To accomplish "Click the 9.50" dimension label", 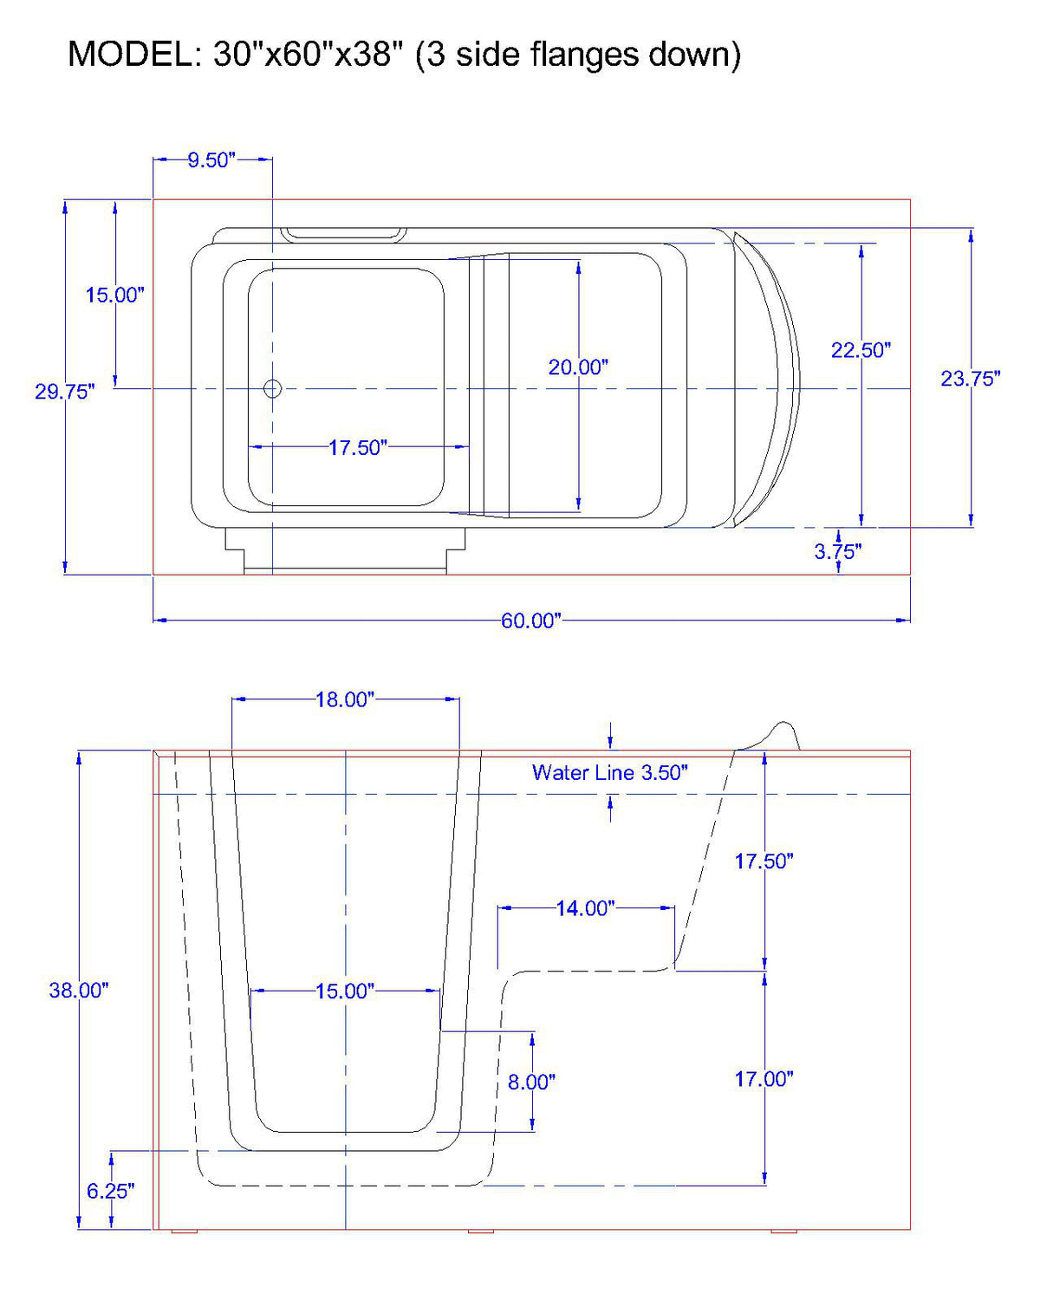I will (x=211, y=160).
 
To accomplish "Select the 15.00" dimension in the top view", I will (x=114, y=295).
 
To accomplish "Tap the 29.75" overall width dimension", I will (x=64, y=392).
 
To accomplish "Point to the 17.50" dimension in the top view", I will (x=357, y=448).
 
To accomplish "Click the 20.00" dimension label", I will (x=578, y=367).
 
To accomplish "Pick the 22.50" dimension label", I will (x=861, y=350).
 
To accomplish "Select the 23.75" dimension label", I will (x=971, y=379).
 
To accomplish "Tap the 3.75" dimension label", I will (x=837, y=551).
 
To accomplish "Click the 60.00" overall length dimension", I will (x=530, y=621).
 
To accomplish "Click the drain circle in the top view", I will (x=272, y=388).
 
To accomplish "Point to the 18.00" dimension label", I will (x=344, y=699).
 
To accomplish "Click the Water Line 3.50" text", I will (x=609, y=772).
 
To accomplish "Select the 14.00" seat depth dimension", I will (x=585, y=908).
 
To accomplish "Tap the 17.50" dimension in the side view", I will (x=764, y=861).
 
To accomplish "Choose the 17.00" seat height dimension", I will (x=764, y=1079).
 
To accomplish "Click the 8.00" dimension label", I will (x=531, y=1082).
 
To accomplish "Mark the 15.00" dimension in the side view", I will (x=344, y=991).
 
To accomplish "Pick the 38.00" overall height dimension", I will (x=78, y=991).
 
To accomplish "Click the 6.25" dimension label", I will (x=110, y=1192).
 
